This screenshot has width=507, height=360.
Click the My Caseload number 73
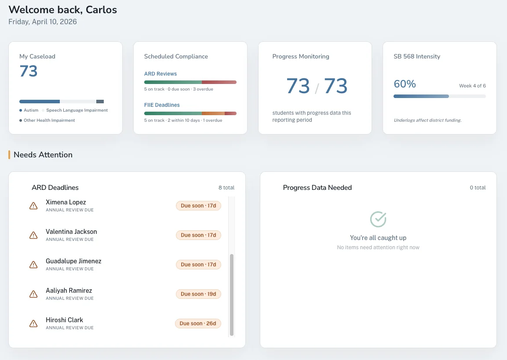[29, 71]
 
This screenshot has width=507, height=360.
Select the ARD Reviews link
[160, 74]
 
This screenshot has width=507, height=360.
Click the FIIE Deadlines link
[162, 105]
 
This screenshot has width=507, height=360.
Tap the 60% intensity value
[405, 84]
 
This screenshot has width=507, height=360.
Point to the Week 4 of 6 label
[472, 86]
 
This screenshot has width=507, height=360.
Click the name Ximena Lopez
[66, 202]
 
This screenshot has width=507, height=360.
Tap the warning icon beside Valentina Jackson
[33, 235]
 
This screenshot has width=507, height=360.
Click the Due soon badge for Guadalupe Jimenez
[198, 265]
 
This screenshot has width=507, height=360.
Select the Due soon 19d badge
[198, 294]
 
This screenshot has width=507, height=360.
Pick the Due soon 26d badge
[198, 324]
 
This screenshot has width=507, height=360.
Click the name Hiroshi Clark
[64, 320]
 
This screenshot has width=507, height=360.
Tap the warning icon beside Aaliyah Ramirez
[33, 294]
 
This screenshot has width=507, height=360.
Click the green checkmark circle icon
[378, 219]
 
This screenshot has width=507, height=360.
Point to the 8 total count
[226, 188]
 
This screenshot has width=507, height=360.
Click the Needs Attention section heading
[43, 155]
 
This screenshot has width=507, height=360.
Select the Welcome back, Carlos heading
[63, 10]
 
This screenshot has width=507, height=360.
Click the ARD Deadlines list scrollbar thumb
[232, 295]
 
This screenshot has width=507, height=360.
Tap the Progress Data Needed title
[317, 188]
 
